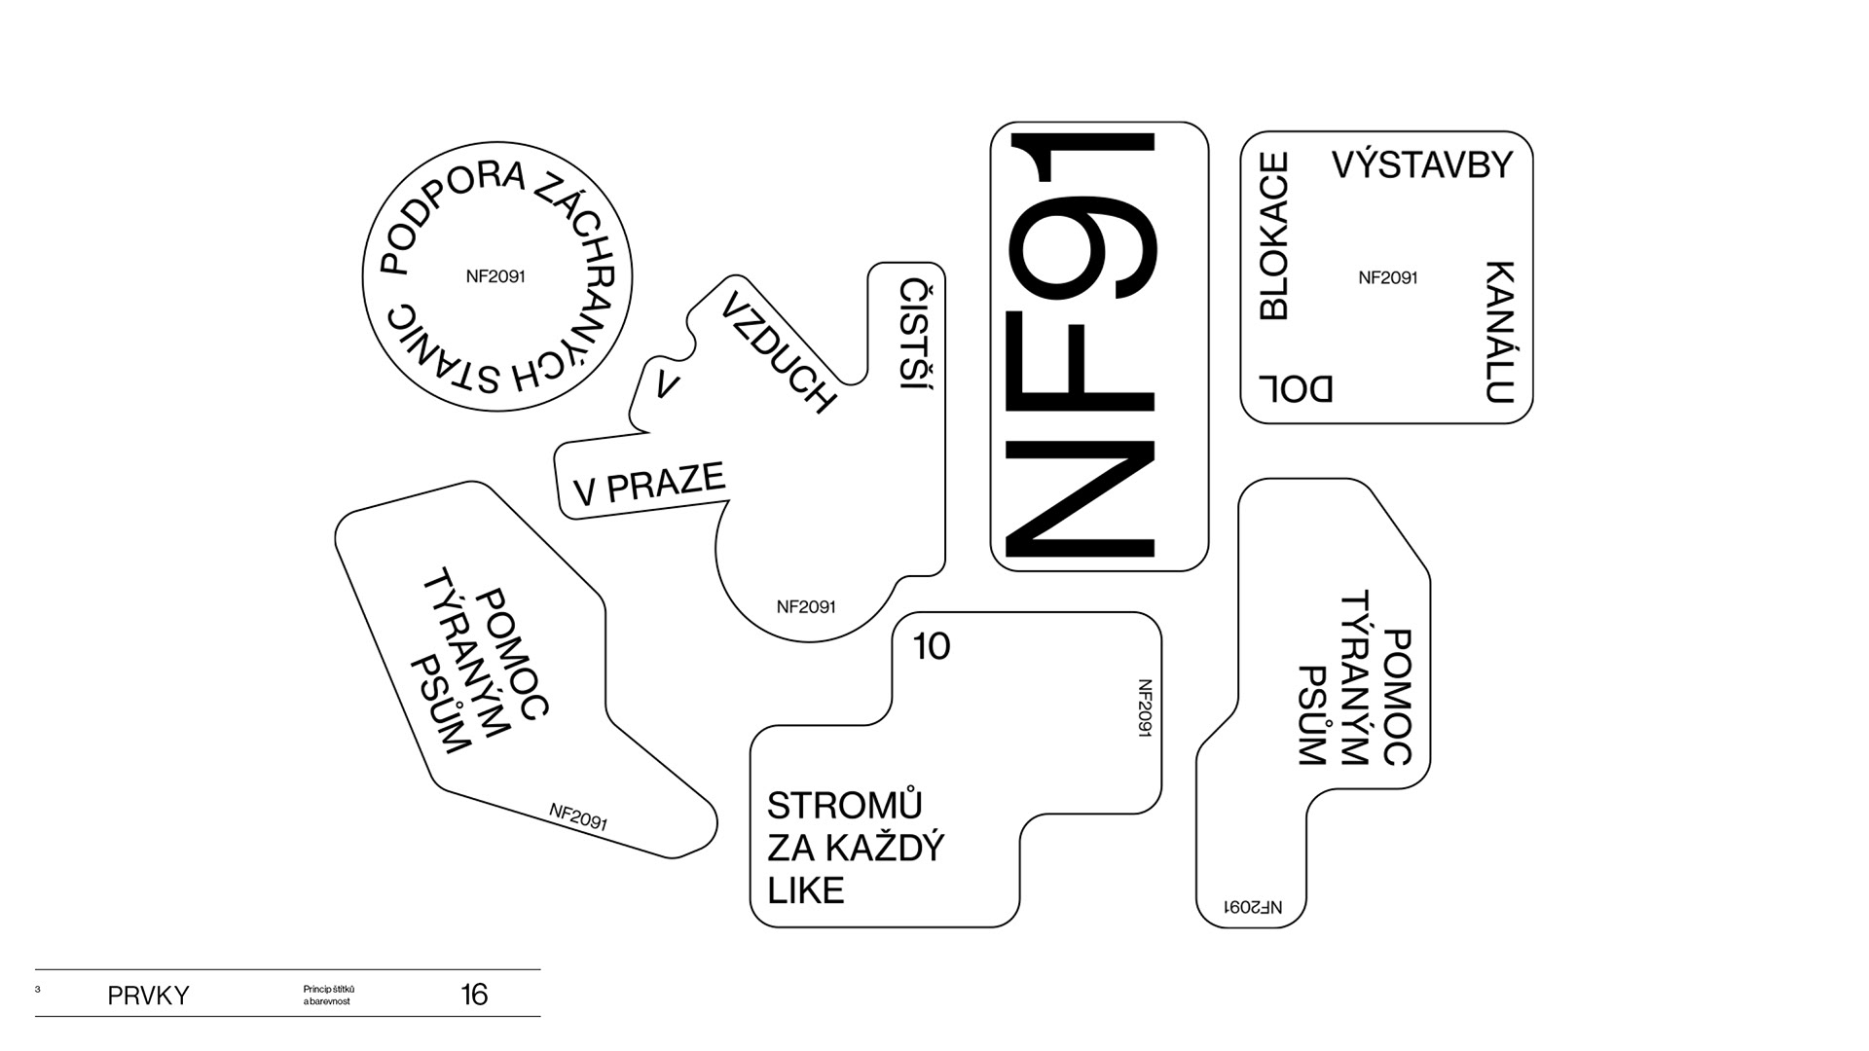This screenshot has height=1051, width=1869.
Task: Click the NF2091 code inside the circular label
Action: pos(495,276)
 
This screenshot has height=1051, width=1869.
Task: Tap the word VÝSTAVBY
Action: pos(1422,164)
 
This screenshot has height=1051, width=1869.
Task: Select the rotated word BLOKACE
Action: pos(1274,236)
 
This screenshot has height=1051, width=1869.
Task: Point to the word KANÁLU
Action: pos(1500,331)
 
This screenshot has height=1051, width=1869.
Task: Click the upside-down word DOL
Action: pos(1296,388)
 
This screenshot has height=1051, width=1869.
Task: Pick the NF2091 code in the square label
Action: pos(1387,278)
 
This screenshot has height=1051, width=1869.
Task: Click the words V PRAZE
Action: pos(650,484)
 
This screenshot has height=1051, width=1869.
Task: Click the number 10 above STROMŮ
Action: pos(932,647)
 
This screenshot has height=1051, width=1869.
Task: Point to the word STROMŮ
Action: pos(844,806)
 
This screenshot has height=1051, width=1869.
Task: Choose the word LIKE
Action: pos(805,890)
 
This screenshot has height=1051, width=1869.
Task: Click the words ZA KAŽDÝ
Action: pos(856,849)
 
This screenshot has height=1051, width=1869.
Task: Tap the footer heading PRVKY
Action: pos(148,996)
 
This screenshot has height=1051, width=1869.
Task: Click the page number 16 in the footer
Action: pos(474,995)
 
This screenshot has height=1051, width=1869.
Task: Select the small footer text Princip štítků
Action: pos(329,990)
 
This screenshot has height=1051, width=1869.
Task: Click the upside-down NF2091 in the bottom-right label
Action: pos(1253,907)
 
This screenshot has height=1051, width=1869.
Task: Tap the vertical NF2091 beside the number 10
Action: pos(1145,707)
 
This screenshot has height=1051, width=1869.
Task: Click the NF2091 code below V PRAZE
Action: pos(806,607)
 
